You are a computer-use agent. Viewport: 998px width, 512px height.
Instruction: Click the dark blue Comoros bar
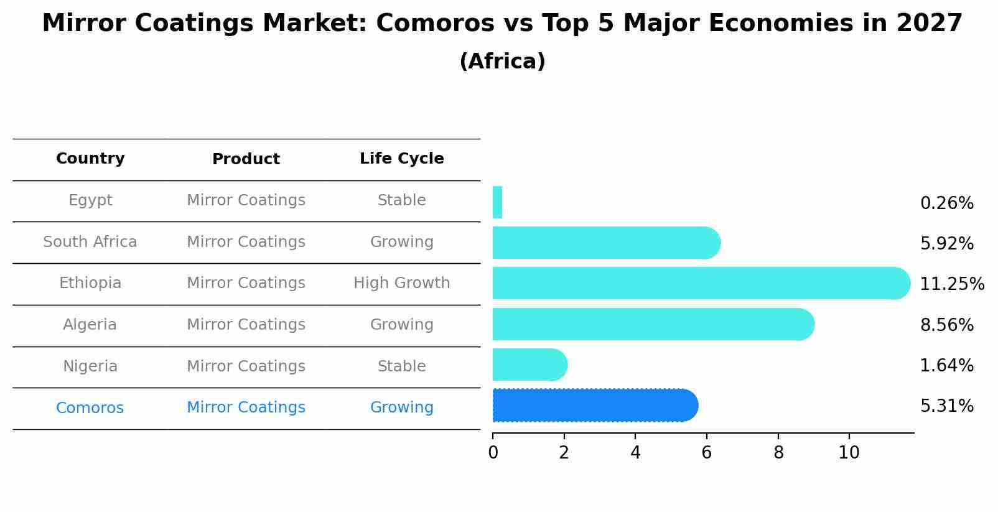[x=594, y=406]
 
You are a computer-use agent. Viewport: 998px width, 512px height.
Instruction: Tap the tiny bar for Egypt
[x=497, y=203]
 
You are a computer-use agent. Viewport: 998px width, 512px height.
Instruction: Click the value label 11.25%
[x=951, y=284]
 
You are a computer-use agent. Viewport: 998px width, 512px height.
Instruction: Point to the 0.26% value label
[x=946, y=203]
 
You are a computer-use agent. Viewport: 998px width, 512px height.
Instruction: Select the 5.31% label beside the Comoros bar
[x=946, y=406]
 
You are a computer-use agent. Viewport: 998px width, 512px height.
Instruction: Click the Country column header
[x=90, y=159]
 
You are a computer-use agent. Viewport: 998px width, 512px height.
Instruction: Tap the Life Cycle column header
[x=401, y=159]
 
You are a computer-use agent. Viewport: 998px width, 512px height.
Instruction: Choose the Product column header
[x=246, y=159]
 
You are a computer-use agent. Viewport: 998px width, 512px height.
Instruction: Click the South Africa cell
[x=90, y=242]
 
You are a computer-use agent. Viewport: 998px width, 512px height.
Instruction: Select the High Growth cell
[x=401, y=283]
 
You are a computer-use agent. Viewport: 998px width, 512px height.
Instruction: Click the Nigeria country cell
[x=90, y=366]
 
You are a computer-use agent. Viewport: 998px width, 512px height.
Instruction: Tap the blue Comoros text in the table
[x=90, y=408]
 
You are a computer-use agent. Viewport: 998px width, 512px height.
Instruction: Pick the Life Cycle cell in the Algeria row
[x=401, y=325]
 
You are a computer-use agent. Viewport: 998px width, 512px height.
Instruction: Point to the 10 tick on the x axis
[x=849, y=453]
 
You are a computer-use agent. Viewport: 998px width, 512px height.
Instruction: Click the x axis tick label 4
[x=635, y=453]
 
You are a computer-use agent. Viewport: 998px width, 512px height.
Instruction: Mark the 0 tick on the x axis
[x=493, y=453]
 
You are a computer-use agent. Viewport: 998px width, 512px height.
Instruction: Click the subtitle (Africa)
[x=502, y=62]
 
